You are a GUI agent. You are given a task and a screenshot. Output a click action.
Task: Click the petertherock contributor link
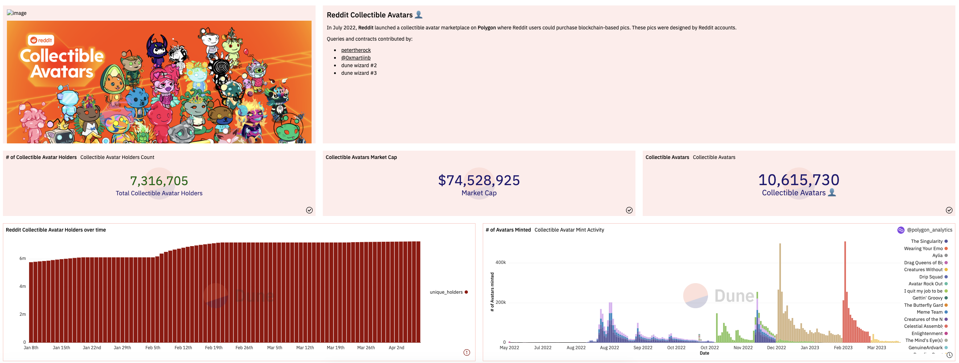point(355,50)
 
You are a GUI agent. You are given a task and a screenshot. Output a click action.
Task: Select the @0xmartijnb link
point(355,58)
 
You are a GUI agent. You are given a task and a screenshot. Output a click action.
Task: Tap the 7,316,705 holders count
point(159,181)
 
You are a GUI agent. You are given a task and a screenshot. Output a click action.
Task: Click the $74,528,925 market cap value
point(479,180)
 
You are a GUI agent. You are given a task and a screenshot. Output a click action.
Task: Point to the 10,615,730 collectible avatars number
point(799,180)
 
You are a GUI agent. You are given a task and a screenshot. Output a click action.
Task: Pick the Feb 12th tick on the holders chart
point(183,348)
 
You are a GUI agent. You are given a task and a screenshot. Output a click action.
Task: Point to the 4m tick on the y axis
point(23,287)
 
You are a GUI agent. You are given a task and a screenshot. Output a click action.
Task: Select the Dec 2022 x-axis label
point(776,348)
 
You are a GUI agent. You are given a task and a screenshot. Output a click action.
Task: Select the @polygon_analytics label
point(929,230)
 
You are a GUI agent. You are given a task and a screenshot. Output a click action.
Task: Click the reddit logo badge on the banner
point(41,40)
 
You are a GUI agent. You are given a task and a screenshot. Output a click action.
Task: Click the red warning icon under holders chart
point(466,352)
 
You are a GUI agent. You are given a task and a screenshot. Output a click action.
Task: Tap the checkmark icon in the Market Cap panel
point(629,210)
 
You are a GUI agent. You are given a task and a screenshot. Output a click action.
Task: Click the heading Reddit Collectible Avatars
point(369,15)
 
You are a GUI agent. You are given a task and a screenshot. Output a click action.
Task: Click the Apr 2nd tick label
point(396,348)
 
